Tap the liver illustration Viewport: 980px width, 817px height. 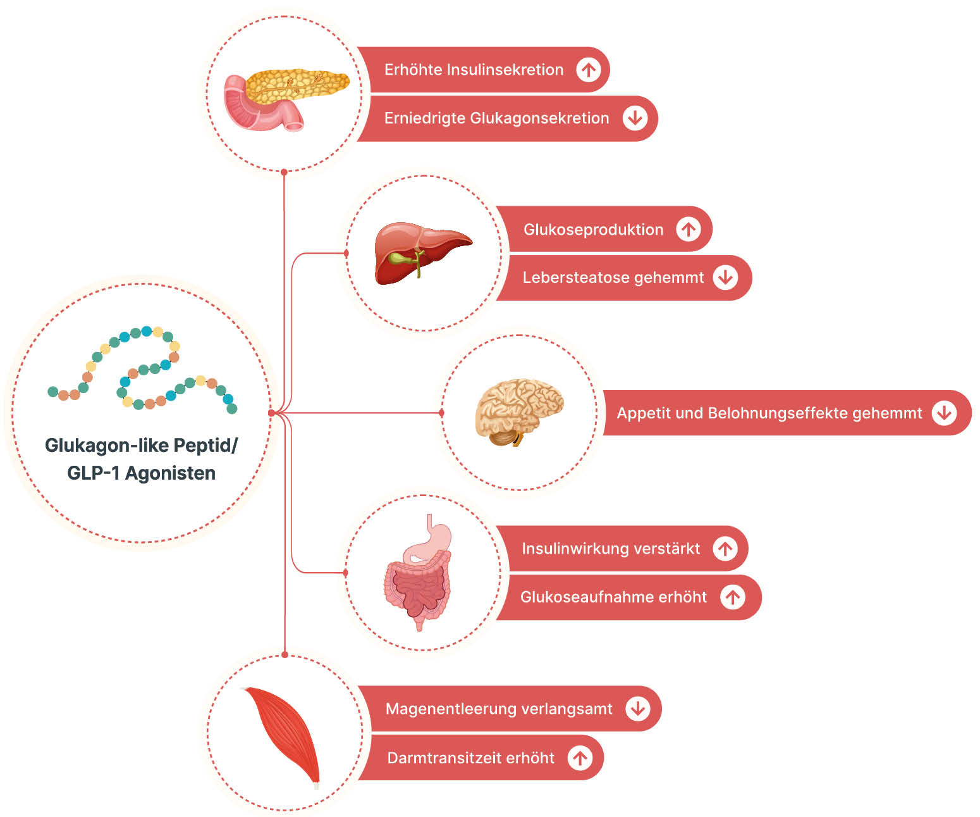(x=420, y=251)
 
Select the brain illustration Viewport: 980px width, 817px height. (x=518, y=410)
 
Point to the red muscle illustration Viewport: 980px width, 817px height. (x=285, y=734)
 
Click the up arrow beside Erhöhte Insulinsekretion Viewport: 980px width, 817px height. (x=589, y=70)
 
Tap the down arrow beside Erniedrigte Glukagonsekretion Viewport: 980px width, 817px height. (x=635, y=118)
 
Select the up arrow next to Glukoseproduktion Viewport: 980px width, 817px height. (x=689, y=229)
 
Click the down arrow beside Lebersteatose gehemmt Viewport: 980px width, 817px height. (x=725, y=277)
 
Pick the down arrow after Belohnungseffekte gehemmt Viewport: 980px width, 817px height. (x=944, y=413)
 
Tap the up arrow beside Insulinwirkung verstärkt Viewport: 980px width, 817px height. (x=725, y=548)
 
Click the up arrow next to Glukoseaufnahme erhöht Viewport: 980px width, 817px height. (x=733, y=597)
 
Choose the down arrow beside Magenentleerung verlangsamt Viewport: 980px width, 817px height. (x=638, y=709)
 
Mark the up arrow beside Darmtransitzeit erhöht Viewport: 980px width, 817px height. (x=580, y=758)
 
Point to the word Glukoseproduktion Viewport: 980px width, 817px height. (x=593, y=230)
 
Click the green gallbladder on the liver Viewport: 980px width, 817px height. (x=400, y=259)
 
